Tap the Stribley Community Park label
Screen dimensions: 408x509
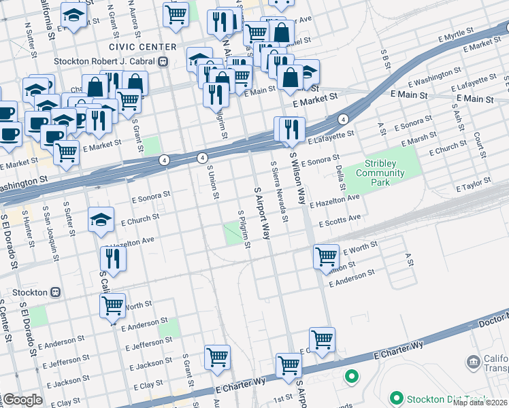384,169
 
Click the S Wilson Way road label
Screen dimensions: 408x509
297,178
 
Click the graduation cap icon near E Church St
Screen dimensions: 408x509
101,220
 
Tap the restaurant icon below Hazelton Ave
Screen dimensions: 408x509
113,258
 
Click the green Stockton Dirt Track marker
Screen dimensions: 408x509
396,397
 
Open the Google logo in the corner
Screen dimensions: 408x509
22,400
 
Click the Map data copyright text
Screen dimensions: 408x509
480,403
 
